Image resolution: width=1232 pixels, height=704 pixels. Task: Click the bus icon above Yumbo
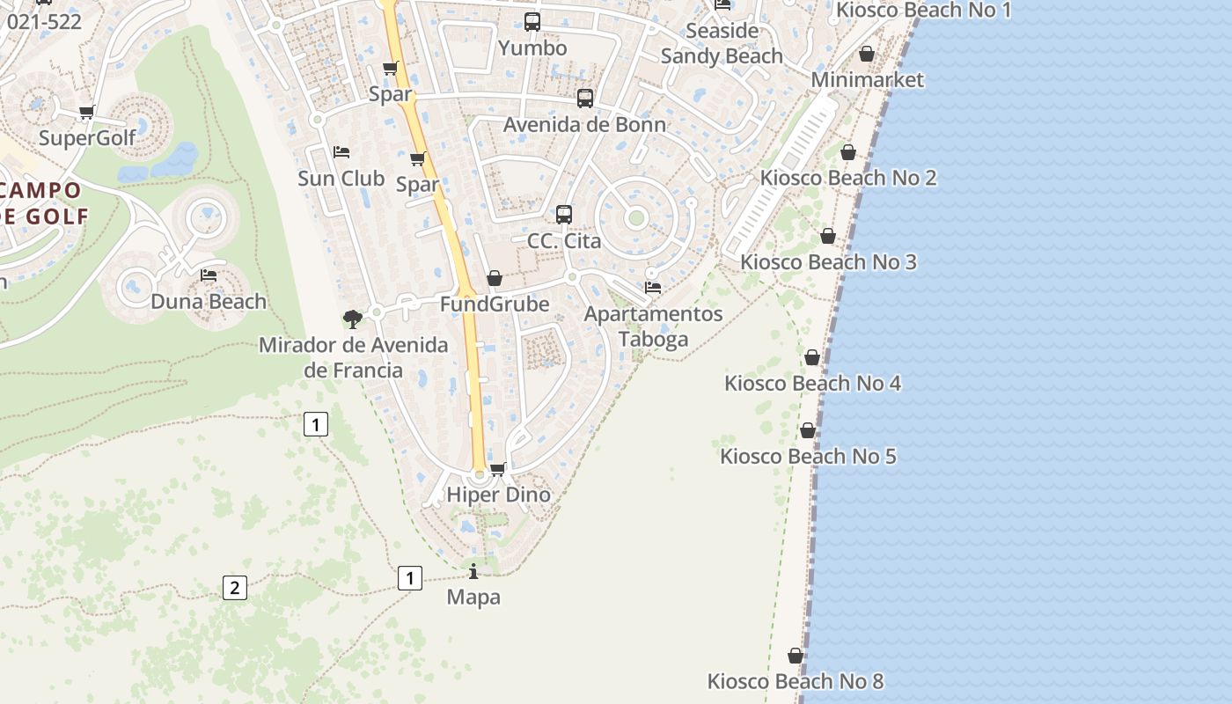[532, 22]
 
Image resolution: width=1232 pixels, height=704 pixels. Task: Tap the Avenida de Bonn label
[584, 125]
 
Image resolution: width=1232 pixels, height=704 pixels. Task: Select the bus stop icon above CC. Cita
[564, 214]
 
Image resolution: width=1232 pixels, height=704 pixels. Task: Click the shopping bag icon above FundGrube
[495, 279]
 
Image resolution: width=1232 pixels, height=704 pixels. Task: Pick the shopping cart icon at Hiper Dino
[498, 469]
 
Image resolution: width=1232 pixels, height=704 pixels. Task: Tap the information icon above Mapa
[473, 572]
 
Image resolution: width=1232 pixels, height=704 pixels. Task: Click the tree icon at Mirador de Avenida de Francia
[353, 319]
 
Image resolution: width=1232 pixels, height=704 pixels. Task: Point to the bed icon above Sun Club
[341, 152]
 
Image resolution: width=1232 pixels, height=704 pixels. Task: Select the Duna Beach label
[209, 302]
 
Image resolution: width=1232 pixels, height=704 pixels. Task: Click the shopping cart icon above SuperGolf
[86, 113]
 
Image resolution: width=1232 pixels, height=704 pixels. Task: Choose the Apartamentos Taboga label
[653, 326]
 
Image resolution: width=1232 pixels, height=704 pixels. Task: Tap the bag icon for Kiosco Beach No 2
[848, 153]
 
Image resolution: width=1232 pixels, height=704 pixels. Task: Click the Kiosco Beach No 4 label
[812, 384]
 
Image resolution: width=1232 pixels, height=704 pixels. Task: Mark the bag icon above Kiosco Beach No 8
[796, 656]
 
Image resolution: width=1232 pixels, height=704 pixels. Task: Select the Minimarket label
[868, 80]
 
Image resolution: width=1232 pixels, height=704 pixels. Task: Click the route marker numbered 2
[234, 587]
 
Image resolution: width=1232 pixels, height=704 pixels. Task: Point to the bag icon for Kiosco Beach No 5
[808, 430]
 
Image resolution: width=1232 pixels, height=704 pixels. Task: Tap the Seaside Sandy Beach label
[722, 43]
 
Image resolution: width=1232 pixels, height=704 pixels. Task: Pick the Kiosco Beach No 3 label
[828, 262]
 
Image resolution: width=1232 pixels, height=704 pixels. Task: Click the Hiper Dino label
[498, 495]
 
